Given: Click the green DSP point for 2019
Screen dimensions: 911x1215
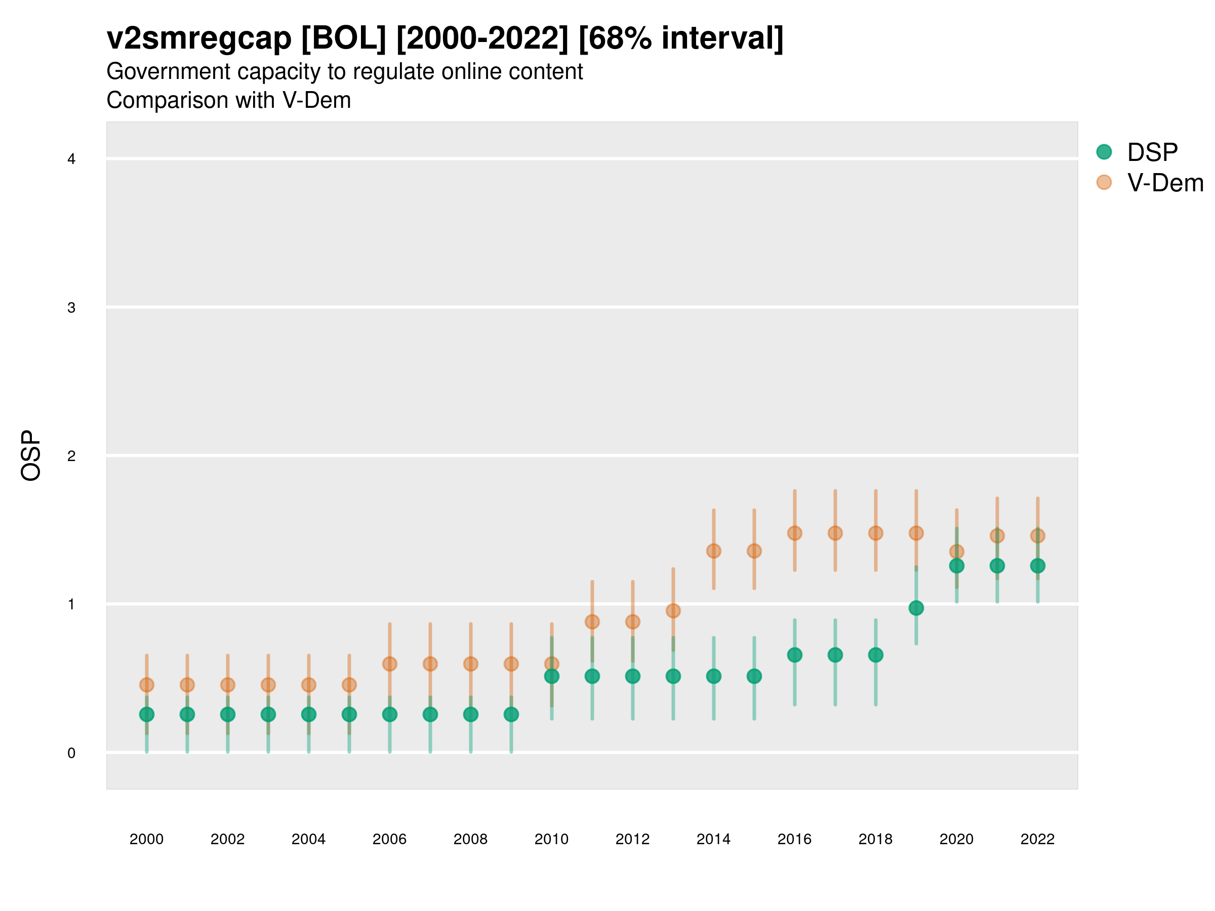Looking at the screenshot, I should coord(916,608).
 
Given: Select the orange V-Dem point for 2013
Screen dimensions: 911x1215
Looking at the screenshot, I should coord(673,611).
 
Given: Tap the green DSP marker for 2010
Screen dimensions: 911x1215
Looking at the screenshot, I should coord(551,676).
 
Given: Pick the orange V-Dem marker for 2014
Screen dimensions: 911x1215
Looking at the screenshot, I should coord(713,551).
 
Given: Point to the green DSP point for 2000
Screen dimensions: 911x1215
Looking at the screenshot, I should coord(147,715).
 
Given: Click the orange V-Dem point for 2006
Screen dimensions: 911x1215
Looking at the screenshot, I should coord(389,664).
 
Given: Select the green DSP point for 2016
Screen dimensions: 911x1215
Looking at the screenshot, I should coord(794,654).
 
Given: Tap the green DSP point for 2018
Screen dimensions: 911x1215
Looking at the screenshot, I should coord(875,654).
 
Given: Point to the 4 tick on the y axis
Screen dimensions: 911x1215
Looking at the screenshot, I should coord(71,159).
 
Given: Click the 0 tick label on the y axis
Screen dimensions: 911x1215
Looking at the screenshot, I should coord(71,753).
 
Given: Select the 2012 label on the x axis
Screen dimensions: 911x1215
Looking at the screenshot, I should coord(632,839).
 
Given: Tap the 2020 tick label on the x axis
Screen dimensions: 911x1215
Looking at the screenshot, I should coord(956,839).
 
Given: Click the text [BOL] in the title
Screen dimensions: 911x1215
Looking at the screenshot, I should coord(343,38).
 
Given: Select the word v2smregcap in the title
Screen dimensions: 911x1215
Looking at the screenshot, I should coord(199,38).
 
